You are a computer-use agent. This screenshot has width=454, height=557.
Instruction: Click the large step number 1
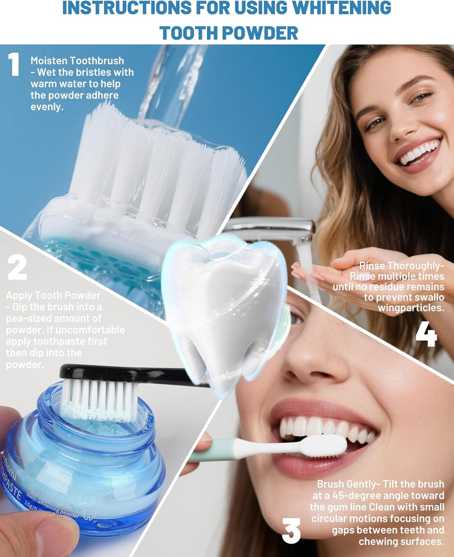[x=14, y=65]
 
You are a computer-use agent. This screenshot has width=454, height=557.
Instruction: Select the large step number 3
[x=291, y=530]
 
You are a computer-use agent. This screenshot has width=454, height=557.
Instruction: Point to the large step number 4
[x=426, y=335]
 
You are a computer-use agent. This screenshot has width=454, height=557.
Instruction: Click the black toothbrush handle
[x=146, y=374]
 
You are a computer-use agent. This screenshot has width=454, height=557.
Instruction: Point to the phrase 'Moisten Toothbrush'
[x=77, y=61]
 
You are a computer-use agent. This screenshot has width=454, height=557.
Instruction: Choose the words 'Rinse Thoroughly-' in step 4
[x=401, y=266]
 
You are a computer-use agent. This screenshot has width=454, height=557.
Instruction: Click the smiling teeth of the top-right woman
[x=420, y=153]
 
